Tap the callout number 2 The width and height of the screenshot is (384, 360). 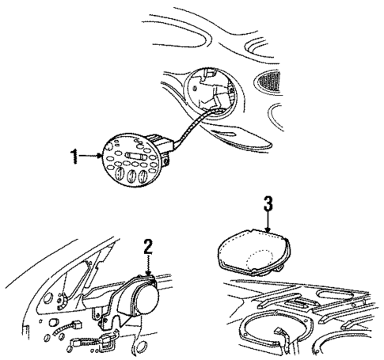point(146,247)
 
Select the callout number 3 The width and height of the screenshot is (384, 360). point(268,206)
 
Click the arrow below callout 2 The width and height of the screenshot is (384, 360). point(148,266)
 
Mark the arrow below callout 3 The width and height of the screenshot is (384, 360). point(268,225)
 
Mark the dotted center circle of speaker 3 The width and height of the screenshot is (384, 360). point(260,259)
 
